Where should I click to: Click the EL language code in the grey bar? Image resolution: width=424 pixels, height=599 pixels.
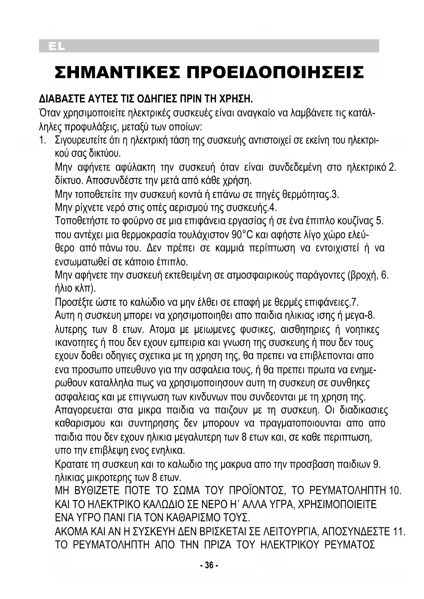tap(57, 46)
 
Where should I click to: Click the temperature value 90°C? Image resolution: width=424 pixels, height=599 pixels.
tap(242, 235)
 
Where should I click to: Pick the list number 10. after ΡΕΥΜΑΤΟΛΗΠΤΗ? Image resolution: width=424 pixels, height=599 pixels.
tap(395, 491)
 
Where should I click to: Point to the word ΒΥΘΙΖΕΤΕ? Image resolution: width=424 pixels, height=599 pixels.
tap(97, 491)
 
